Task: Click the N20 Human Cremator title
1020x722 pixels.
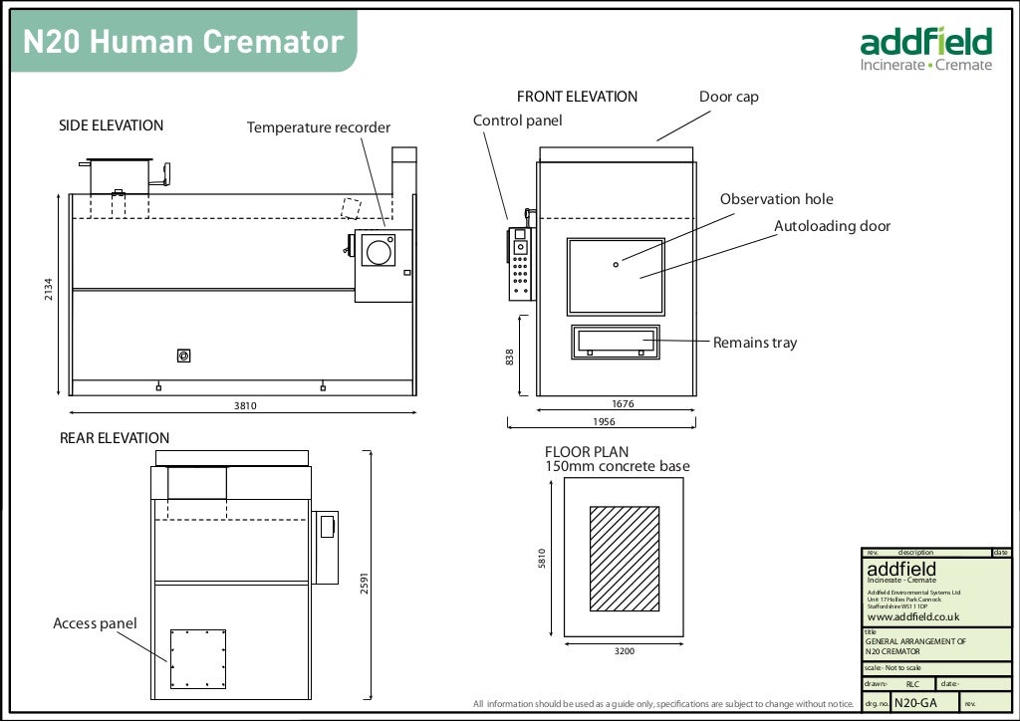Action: [183, 42]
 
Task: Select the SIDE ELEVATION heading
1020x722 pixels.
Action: [111, 125]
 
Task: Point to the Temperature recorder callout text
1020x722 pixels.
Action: [319, 127]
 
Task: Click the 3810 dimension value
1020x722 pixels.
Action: [243, 406]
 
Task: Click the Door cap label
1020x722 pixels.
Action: [728, 97]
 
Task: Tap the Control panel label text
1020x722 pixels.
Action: [517, 120]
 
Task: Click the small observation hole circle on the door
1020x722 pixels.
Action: [616, 264]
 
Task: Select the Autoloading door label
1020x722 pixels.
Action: [832, 226]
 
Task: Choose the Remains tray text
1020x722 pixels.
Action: [755, 343]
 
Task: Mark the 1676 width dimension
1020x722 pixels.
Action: [623, 404]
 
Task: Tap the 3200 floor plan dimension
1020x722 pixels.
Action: [625, 651]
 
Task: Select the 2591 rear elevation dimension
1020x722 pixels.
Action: [366, 583]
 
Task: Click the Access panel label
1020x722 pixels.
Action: [95, 623]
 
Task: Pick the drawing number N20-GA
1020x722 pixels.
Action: [915, 703]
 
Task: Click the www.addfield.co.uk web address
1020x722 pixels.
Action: [912, 617]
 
